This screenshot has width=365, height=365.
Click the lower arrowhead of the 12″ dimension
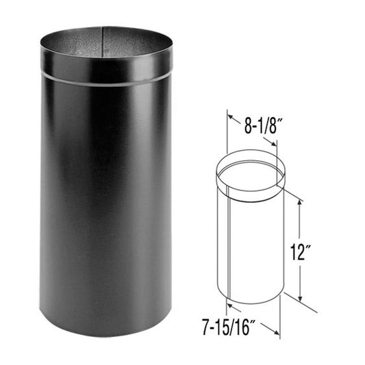[300, 296]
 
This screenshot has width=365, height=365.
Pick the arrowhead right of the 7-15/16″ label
[278, 334]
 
